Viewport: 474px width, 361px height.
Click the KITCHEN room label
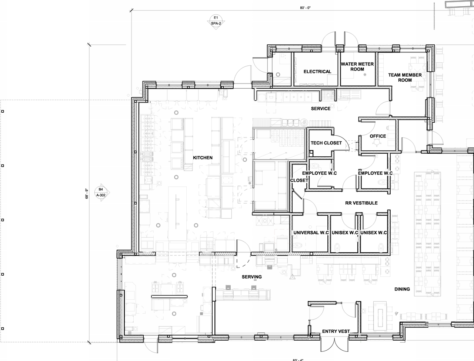coord(203,158)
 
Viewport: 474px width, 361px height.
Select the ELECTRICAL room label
coord(317,72)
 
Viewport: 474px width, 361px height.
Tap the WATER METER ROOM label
coord(357,67)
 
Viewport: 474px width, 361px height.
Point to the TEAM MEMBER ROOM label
coord(405,77)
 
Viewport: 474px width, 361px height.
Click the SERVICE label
coord(321,109)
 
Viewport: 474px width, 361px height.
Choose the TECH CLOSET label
coord(326,143)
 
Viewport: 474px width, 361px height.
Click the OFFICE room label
coord(378,136)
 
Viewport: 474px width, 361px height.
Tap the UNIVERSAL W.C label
coord(311,233)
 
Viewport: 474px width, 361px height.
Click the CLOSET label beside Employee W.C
coord(299,180)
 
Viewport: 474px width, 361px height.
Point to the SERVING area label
coord(252,277)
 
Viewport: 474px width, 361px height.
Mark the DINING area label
coord(402,289)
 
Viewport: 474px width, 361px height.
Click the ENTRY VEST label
coord(336,331)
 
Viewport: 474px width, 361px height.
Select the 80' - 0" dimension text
coord(305,7)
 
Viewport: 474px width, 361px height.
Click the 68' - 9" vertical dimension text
coord(86,194)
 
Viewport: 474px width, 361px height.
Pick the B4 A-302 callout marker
coord(101,192)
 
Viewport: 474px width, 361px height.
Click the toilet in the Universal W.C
coord(299,246)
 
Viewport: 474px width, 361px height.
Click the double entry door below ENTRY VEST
coord(334,345)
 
